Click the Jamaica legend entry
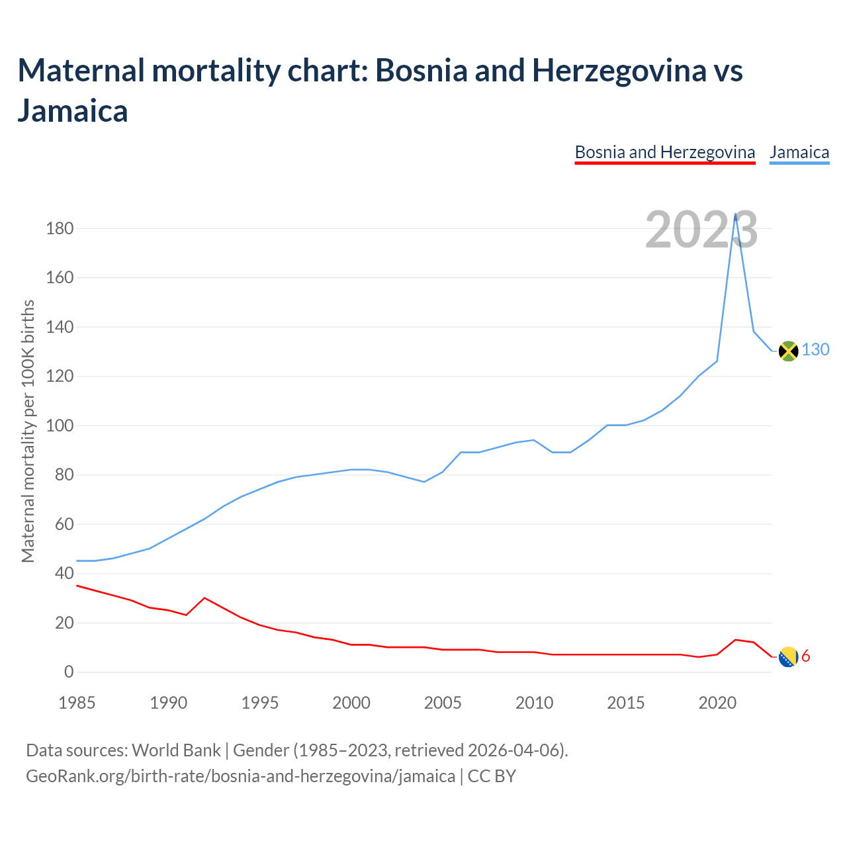click(799, 152)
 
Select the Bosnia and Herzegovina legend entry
click(664, 152)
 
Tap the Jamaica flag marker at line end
click(788, 351)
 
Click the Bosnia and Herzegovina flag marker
click(788, 657)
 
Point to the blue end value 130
click(816, 349)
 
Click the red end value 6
click(806, 656)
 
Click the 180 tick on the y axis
click(60, 229)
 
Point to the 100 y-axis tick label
click(60, 426)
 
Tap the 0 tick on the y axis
click(69, 672)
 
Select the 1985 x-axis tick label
click(77, 703)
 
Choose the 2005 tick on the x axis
click(443, 703)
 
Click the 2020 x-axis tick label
click(717, 703)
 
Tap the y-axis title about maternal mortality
click(28, 431)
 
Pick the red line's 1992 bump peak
click(204, 598)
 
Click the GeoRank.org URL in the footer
click(240, 776)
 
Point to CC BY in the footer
click(492, 776)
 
